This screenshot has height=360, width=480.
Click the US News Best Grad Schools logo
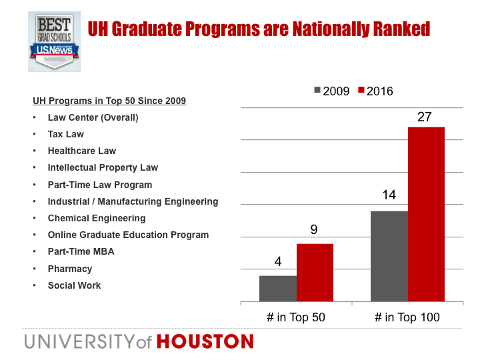pos(55,40)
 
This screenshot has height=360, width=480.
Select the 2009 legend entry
pos(332,91)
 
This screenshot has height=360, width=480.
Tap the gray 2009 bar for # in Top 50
pos(278,289)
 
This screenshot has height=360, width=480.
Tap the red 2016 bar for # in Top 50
pos(315,273)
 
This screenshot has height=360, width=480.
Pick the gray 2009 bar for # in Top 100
pos(389,257)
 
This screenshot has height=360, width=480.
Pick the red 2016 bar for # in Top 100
pos(426,214)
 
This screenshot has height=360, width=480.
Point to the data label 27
pos(425,117)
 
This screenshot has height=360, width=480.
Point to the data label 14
pos(389,195)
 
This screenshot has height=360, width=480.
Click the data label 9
pos(314,229)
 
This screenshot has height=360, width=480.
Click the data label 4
pos(277,261)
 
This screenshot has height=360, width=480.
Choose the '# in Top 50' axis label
pos(296,318)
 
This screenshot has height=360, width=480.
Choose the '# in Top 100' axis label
pos(407,318)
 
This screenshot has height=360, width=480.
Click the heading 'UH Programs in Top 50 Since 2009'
pos(109,101)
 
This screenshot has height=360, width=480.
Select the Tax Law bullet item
pos(65,134)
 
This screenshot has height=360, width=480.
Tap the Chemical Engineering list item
pos(96,218)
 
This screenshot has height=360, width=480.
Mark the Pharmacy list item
pos(69,269)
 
